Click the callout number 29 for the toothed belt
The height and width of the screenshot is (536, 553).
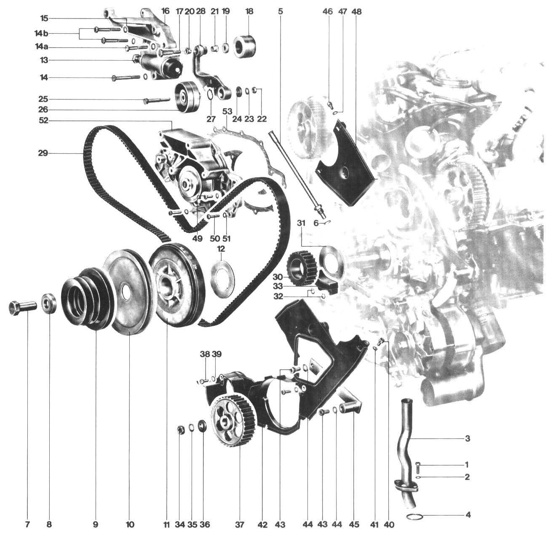(x=43, y=154)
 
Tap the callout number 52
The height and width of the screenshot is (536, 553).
(x=43, y=121)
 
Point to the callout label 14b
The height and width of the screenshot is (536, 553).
(x=41, y=34)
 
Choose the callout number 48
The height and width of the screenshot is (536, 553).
(x=356, y=12)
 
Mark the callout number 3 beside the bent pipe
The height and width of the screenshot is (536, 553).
(x=468, y=438)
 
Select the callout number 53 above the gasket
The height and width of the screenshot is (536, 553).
(x=227, y=111)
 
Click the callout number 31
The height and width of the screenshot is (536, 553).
(x=301, y=223)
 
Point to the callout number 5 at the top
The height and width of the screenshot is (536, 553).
(x=281, y=12)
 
